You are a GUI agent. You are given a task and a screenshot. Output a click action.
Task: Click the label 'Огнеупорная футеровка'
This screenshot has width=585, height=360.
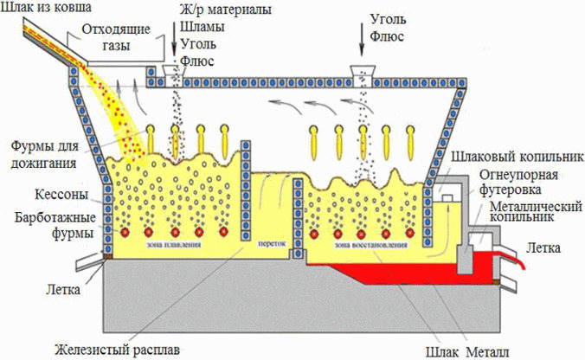pos(521,187)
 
